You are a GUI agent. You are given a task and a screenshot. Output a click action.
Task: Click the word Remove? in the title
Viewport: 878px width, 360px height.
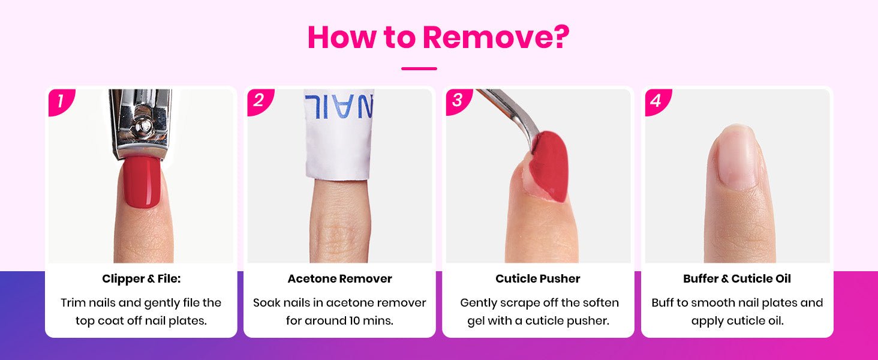click(x=496, y=37)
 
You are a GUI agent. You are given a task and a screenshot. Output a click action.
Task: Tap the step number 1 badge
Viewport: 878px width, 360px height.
click(x=61, y=101)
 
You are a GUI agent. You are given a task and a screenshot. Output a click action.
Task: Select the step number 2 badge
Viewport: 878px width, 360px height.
click(x=260, y=101)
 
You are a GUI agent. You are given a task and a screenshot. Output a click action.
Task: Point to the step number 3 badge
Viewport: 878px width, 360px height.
click(x=458, y=101)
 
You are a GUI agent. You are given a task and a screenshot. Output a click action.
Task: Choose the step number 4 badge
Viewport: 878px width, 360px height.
click(x=657, y=101)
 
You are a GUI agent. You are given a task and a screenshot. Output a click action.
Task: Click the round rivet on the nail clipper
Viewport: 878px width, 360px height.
click(x=145, y=125)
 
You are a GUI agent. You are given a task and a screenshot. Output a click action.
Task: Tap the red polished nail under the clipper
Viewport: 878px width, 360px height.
click(x=142, y=182)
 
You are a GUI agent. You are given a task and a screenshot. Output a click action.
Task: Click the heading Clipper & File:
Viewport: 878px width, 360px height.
click(x=141, y=279)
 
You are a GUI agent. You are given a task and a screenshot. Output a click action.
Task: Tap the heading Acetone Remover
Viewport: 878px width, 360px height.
click(x=339, y=279)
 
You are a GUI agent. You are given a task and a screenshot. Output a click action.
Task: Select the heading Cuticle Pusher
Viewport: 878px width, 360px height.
click(x=538, y=279)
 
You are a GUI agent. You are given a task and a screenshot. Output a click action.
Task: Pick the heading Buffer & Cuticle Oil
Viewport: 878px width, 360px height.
click(x=737, y=279)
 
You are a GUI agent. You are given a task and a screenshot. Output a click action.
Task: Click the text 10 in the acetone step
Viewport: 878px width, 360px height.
click(x=354, y=321)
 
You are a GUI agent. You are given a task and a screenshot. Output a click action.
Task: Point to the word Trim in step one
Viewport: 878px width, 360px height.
click(x=73, y=303)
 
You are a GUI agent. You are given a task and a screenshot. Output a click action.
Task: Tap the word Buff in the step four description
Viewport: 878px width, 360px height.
click(x=663, y=303)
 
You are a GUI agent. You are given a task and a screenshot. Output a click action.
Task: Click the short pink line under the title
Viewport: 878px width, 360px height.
click(x=419, y=68)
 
